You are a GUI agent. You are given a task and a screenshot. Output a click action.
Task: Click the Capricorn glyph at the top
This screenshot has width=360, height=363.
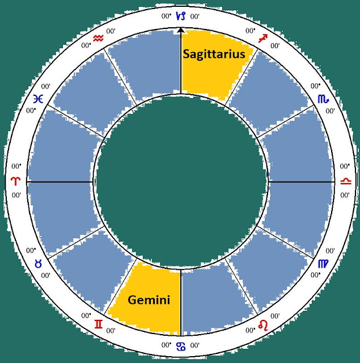point(181,16)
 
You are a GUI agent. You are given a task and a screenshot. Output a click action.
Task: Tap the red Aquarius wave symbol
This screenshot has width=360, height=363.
point(98,38)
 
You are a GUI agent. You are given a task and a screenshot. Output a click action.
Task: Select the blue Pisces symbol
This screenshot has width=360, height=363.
point(38,99)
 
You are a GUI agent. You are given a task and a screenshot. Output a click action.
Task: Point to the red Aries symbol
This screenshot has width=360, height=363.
point(16,181)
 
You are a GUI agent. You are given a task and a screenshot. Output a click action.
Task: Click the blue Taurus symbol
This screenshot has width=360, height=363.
point(38,264)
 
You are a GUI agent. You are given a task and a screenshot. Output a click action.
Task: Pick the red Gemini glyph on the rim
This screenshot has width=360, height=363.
point(99,324)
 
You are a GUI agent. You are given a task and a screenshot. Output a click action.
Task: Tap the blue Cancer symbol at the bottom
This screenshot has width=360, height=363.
point(181,347)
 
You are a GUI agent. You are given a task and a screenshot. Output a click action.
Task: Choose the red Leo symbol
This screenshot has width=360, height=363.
point(263,325)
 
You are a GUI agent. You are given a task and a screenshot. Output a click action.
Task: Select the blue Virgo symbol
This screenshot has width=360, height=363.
point(323,264)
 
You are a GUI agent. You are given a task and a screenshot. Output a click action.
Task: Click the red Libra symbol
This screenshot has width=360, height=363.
point(346,181)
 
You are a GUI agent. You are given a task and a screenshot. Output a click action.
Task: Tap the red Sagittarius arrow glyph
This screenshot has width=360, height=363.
point(263,39)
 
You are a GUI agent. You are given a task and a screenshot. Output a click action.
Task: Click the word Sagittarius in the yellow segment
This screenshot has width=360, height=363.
point(214,54)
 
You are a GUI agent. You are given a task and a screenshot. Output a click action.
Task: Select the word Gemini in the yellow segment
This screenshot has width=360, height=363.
point(149,300)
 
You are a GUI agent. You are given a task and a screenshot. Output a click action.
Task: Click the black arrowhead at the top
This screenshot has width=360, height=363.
point(180,30)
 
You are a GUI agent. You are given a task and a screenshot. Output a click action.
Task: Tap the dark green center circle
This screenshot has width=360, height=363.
point(181,181)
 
